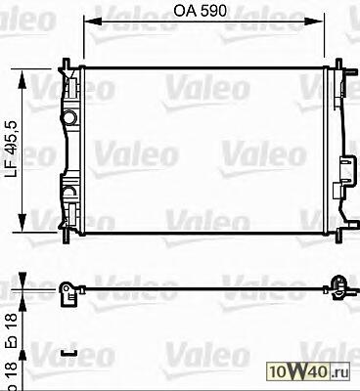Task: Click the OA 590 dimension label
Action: (x=200, y=11)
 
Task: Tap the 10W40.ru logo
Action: (x=308, y=371)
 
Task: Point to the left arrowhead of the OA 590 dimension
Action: (x=93, y=22)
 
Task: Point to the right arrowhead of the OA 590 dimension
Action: (x=315, y=22)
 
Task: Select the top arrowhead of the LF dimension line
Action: (x=22, y=79)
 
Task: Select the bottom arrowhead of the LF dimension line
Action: (x=22, y=223)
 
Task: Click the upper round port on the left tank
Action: (x=69, y=117)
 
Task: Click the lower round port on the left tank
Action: (x=69, y=193)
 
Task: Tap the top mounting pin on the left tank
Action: (x=67, y=64)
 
